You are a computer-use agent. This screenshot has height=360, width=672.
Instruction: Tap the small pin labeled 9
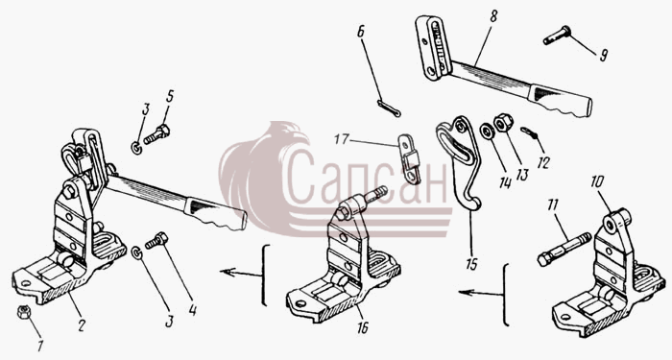[557, 36]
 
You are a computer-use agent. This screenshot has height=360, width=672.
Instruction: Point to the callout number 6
[360, 32]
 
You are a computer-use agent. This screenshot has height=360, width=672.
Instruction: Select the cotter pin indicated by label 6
[389, 108]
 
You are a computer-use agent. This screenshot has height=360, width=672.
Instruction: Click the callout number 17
[343, 139]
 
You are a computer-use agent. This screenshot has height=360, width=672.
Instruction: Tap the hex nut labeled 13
[503, 123]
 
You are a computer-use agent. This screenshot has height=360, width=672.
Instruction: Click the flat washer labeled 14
[487, 132]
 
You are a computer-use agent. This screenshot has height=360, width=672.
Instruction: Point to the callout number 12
[543, 163]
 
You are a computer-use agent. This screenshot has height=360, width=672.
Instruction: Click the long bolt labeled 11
[563, 249]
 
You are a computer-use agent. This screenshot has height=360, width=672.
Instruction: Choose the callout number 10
[597, 181]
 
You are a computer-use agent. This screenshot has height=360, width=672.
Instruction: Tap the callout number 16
[363, 328]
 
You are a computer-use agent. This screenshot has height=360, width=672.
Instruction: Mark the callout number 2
[80, 325]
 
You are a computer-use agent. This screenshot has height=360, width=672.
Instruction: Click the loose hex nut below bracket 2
[23, 312]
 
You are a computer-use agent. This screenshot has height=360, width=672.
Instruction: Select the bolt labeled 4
[156, 240]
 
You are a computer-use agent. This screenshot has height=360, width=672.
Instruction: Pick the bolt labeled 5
[156, 133]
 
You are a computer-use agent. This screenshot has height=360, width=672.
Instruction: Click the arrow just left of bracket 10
[480, 293]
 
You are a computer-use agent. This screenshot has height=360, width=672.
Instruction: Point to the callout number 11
[552, 204]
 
